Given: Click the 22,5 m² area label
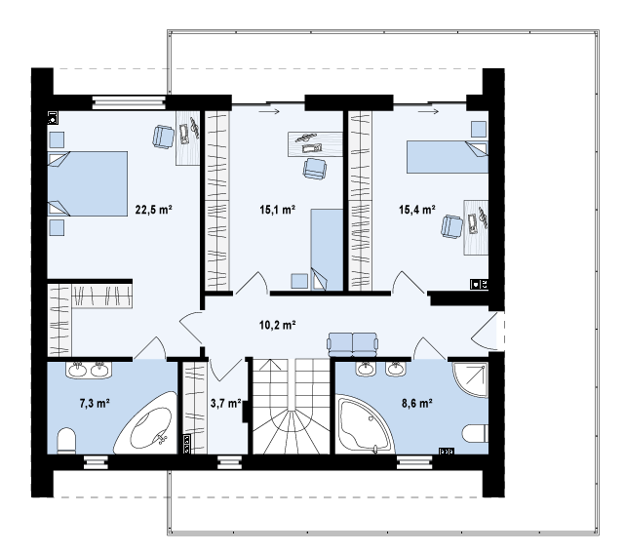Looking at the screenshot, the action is tap(153, 210).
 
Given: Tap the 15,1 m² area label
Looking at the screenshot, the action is tap(278, 210).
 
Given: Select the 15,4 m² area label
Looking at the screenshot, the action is tap(417, 210).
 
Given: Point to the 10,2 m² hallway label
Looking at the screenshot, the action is tap(278, 325).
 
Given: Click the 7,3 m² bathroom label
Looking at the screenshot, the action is tap(95, 404).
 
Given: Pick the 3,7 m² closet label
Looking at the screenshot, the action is tap(226, 404).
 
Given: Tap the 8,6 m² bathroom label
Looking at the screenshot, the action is tap(417, 404).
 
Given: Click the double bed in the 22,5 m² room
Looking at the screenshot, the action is tap(88, 183).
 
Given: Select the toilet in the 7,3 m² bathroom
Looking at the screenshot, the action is tap(66, 441).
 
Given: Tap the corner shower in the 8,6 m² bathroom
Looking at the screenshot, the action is tap(471, 378).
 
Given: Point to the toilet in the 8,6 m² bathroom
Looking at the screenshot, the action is tap(476, 433).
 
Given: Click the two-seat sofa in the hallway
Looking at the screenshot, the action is tap(352, 344).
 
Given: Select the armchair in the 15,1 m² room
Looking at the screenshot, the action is tap(315, 169).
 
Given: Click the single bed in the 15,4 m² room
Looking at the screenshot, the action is tap(448, 157).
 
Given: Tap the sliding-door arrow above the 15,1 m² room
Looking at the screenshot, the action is tap(269, 112).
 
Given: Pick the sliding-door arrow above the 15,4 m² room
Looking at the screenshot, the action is tap(428, 112).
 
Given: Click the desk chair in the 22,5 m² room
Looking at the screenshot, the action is tap(164, 136).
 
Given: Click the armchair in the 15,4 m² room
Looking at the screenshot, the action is tap(452, 227).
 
